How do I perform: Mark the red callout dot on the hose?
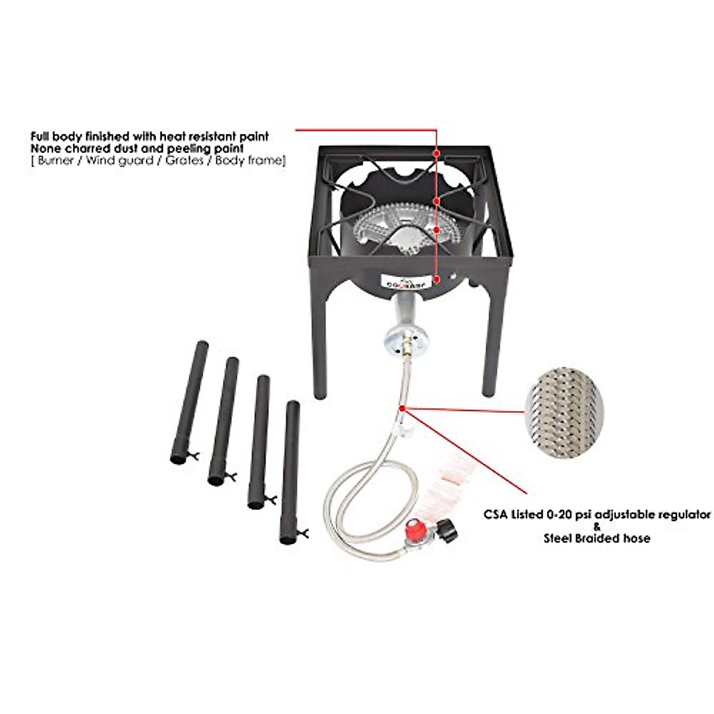click(x=404, y=408)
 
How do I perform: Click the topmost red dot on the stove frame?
click(x=437, y=152)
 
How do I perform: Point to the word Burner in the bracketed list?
click(x=53, y=161)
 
